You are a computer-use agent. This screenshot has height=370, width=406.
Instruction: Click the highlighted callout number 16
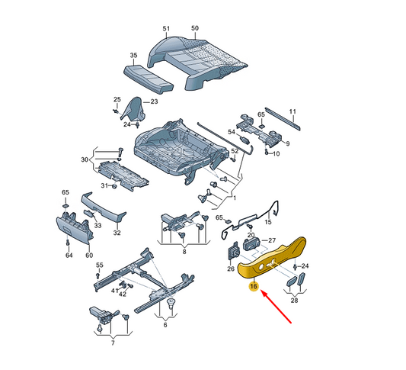point(254,286)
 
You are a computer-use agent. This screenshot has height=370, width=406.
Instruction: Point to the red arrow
point(277,307)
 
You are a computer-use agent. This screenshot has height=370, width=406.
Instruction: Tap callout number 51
point(166,28)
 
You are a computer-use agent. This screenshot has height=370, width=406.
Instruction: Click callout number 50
point(195,28)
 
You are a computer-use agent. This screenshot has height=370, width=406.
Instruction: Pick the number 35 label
point(133,55)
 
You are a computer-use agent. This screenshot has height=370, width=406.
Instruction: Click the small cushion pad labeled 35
point(149,79)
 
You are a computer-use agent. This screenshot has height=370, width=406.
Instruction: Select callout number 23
point(154,101)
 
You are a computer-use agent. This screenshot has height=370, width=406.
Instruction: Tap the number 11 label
point(293,111)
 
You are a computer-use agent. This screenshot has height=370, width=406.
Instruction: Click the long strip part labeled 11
point(283,118)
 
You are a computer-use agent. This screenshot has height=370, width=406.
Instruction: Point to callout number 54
point(232,132)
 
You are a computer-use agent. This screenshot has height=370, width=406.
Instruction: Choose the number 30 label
point(85,159)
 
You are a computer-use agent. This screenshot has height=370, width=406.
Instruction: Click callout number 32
point(117,233)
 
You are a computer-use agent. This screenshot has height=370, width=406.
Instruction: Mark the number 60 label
point(89,256)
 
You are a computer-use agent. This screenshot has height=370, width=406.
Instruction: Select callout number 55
point(100,265)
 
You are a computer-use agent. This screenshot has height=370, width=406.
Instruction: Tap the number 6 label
point(165,325)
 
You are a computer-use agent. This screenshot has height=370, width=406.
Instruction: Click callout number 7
point(113,343)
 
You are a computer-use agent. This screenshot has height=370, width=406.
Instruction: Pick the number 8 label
point(184,252)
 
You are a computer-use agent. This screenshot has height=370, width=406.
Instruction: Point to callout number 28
point(294,301)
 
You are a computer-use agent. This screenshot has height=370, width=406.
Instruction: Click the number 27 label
point(272,240)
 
